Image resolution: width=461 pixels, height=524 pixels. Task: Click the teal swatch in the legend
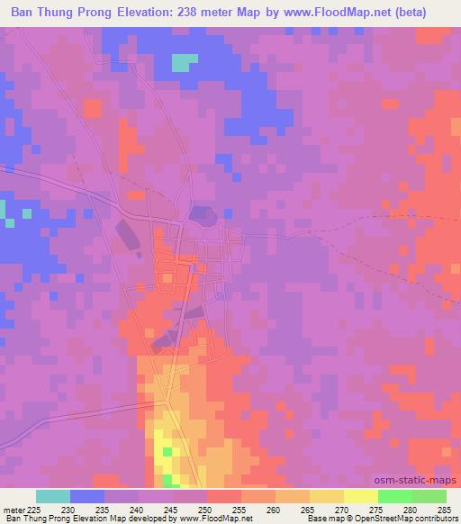point(53,497)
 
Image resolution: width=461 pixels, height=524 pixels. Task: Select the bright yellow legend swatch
point(360,497)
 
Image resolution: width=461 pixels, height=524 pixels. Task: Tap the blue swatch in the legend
point(87,497)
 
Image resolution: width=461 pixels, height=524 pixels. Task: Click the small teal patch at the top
point(184,62)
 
